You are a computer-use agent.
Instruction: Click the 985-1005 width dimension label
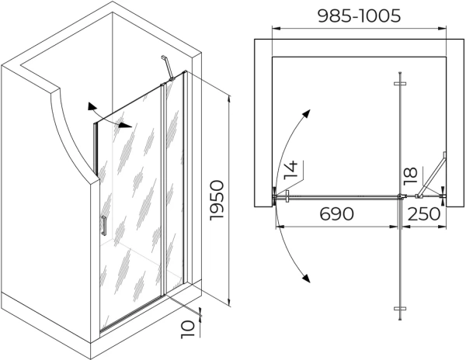(360, 16)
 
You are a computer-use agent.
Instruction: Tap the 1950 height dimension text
(217, 200)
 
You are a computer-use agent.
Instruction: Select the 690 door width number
(337, 213)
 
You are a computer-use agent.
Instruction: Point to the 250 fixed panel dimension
(423, 213)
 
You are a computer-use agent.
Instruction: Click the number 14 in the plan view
(291, 170)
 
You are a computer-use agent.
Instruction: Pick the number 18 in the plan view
(411, 176)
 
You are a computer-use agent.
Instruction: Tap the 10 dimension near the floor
(188, 329)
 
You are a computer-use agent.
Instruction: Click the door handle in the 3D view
(103, 226)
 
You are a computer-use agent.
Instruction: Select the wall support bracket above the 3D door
(167, 68)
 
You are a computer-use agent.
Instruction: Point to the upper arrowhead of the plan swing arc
(307, 113)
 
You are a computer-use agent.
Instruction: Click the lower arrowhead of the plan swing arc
(307, 279)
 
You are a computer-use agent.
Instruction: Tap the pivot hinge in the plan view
(401, 196)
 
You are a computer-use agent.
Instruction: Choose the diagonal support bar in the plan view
(432, 175)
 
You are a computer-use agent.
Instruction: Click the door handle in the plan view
(287, 196)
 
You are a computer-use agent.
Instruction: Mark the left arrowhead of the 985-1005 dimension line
(276, 29)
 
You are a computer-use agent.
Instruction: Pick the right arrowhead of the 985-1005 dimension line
(442, 29)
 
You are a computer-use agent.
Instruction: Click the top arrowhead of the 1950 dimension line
(229, 99)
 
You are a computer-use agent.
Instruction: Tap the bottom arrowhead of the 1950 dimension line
(229, 303)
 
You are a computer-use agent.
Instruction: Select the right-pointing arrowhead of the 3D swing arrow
(125, 126)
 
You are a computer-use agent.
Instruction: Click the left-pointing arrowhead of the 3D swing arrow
(92, 106)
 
